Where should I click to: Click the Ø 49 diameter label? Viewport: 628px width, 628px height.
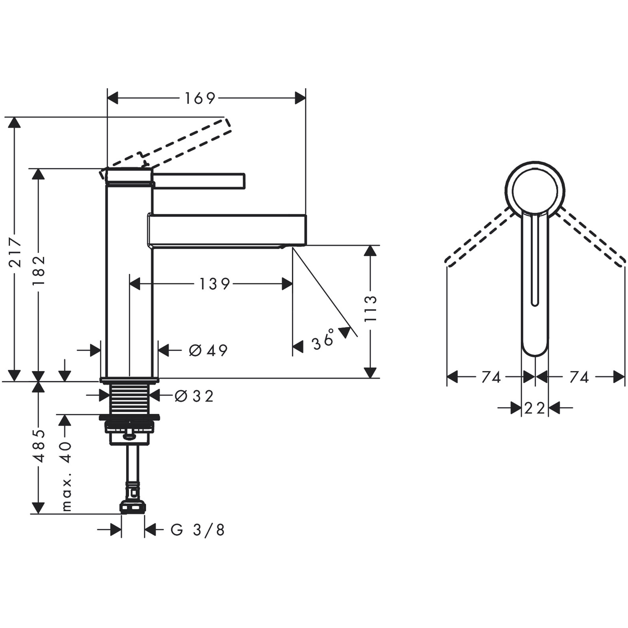(208, 350)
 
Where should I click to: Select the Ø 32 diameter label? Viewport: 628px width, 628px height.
(194, 396)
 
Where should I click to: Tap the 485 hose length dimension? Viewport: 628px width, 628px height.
(39, 446)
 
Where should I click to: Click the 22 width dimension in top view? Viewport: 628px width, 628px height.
(534, 408)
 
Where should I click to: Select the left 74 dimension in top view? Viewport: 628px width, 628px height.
(491, 378)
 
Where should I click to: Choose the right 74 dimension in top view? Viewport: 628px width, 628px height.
(579, 378)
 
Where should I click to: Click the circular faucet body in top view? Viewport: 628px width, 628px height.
(535, 190)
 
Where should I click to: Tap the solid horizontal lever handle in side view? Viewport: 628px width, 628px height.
(199, 181)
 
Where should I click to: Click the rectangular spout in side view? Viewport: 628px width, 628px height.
(228, 230)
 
